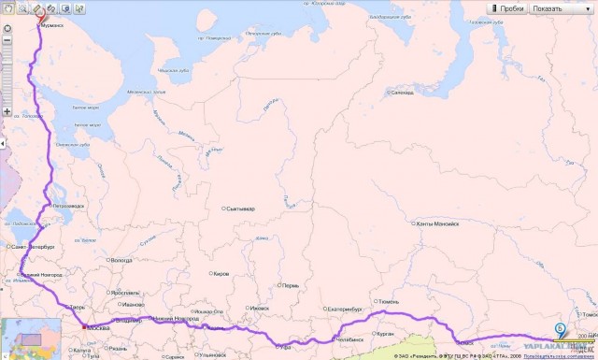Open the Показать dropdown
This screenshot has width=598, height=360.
(558, 8)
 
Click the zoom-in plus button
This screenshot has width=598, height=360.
(7, 111)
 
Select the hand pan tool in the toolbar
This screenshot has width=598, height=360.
(7, 8)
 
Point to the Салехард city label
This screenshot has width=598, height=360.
(402, 93)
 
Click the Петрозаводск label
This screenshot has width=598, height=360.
(71, 205)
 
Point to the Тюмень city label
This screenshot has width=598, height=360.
(389, 302)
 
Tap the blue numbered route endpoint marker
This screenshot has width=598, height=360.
(559, 328)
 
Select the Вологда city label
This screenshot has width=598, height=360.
(121, 261)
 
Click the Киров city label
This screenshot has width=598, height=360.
(221, 274)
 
